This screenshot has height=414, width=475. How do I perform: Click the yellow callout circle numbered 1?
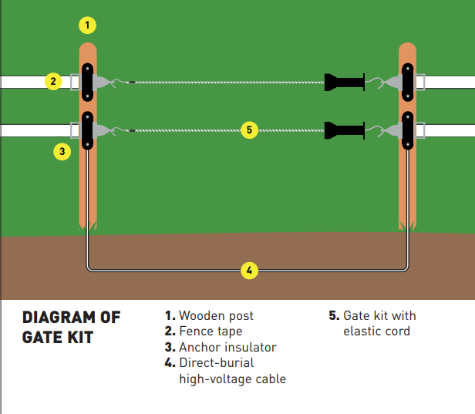coord(88,25)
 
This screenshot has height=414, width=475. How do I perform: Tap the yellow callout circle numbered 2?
coord(52,81)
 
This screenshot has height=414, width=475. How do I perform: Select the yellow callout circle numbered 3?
coord(62,151)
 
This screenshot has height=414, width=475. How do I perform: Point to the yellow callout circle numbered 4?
coord(248,270)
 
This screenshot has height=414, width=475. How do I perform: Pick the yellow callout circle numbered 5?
coord(248,130)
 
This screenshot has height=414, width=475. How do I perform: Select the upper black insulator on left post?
coord(89,81)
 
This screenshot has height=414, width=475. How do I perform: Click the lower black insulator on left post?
coord(89,130)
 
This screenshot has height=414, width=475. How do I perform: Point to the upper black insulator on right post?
coord(409,81)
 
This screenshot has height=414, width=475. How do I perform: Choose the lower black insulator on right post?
coord(409,130)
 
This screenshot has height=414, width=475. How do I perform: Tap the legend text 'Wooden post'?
coord(216,316)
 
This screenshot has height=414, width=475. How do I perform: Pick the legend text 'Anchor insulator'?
coord(227,347)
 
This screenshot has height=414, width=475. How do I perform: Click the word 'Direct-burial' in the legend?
coord(216,362)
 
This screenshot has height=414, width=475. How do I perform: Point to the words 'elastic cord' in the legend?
coord(376,332)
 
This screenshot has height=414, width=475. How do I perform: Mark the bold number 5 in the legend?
coord(333,316)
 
